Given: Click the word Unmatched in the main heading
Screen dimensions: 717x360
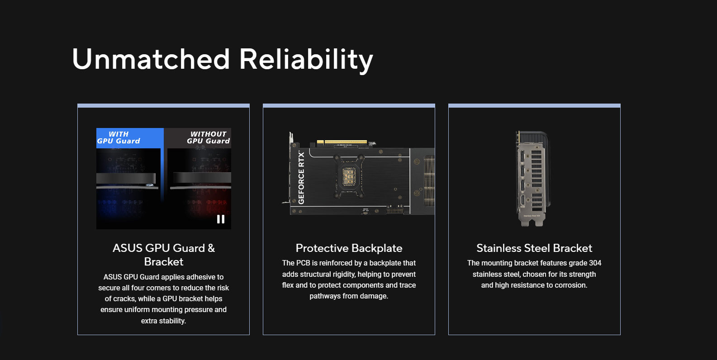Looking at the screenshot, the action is (x=151, y=59).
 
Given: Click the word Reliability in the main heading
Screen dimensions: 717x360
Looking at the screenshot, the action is (x=306, y=61).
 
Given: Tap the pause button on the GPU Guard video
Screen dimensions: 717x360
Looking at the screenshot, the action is (x=221, y=219).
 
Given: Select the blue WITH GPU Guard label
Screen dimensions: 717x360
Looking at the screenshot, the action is (x=130, y=138).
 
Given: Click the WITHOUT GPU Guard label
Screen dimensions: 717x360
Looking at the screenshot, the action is (x=209, y=137).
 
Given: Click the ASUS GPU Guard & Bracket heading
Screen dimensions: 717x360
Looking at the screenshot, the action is (x=164, y=255).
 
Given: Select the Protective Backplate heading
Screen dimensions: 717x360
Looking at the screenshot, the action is (x=349, y=248).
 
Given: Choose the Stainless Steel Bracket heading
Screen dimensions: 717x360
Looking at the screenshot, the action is (x=534, y=248).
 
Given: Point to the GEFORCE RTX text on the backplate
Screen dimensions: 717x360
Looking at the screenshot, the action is (x=301, y=178).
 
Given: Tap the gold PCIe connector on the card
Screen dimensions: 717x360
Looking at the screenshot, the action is (x=342, y=142).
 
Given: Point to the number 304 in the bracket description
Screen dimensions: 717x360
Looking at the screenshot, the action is (x=595, y=263).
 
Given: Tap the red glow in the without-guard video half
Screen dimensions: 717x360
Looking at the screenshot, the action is (x=209, y=205).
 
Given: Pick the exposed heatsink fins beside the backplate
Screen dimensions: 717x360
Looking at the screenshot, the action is (x=429, y=181).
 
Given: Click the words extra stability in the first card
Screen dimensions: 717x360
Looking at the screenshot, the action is (x=163, y=321).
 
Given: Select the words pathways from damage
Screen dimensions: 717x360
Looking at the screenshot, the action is (x=349, y=296).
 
